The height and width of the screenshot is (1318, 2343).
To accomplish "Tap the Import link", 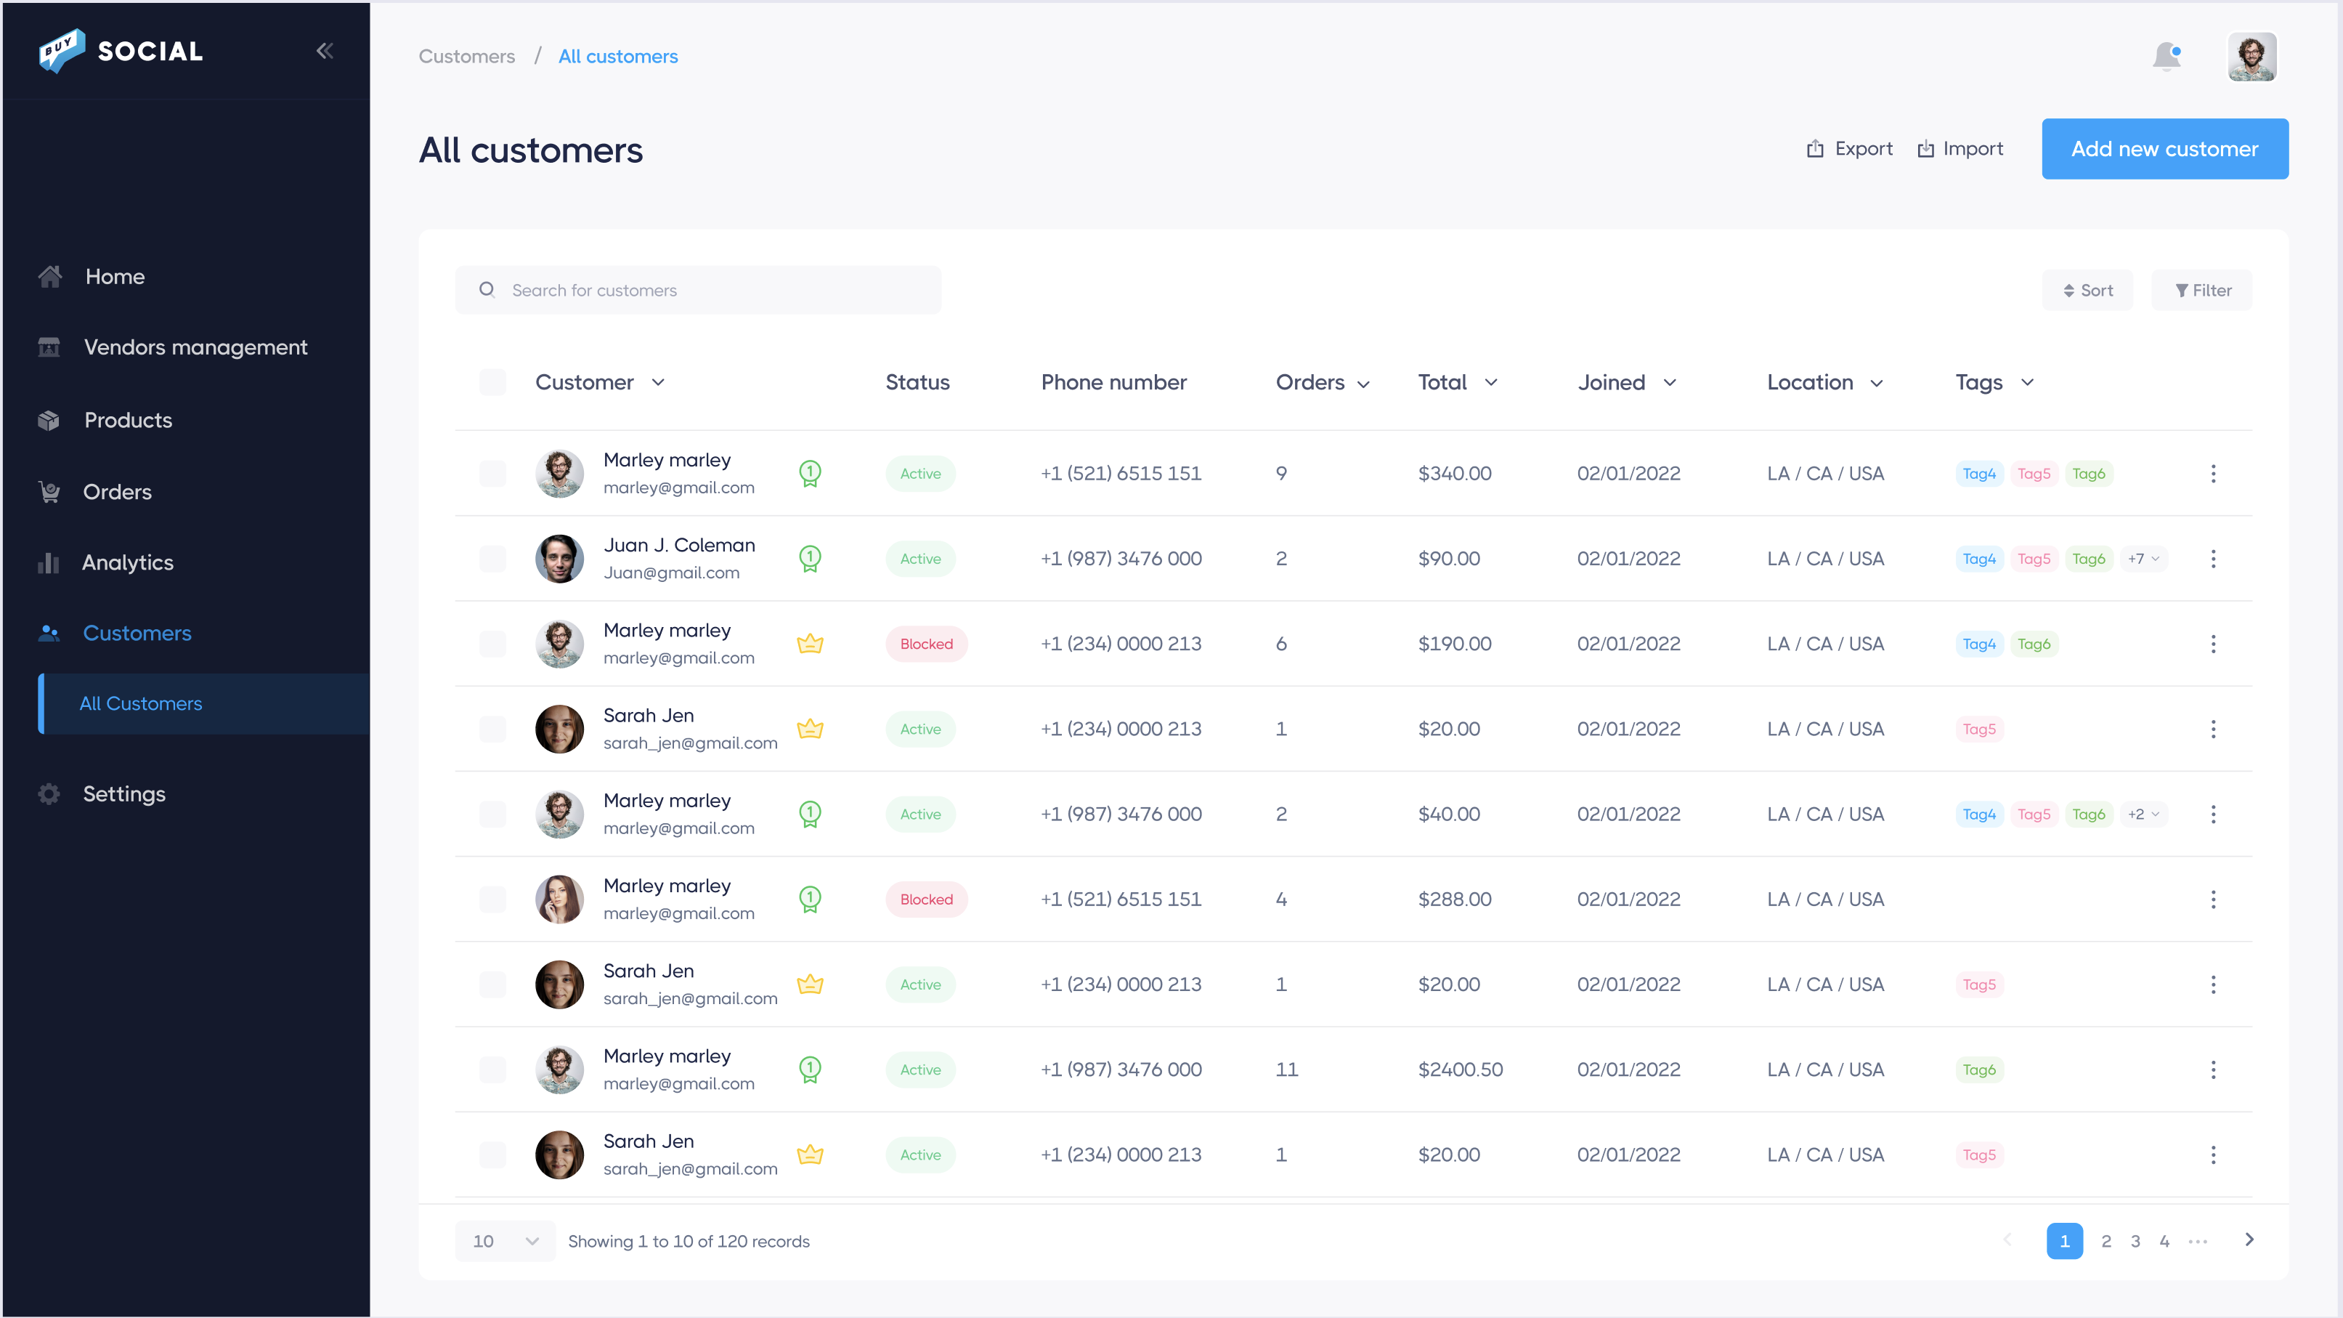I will pyautogui.click(x=1960, y=149).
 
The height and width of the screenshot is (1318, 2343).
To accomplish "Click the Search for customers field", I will pyautogui.click(x=698, y=290).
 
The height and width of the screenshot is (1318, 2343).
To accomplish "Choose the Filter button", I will pyautogui.click(x=2202, y=290).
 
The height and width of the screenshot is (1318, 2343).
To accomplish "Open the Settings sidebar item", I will pyautogui.click(x=123, y=794).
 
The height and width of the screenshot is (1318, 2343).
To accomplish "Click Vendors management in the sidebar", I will pyautogui.click(x=195, y=347).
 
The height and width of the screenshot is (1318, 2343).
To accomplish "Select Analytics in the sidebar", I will pyautogui.click(x=127, y=563).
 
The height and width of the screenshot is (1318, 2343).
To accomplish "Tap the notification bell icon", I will pyautogui.click(x=2167, y=57).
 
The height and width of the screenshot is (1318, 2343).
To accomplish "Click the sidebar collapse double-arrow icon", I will pyautogui.click(x=325, y=51).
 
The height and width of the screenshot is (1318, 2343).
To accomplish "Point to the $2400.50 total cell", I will pyautogui.click(x=1460, y=1070).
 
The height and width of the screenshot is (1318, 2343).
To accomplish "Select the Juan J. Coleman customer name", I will pyautogui.click(x=678, y=545).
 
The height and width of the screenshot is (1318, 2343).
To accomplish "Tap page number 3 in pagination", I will pyautogui.click(x=2135, y=1242).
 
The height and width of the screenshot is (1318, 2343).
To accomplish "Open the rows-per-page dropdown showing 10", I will pyautogui.click(x=505, y=1242).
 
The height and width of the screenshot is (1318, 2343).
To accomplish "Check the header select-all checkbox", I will pyautogui.click(x=492, y=383).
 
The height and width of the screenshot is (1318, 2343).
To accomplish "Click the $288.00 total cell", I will pyautogui.click(x=1454, y=899).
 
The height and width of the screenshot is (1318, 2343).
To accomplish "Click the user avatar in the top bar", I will pyautogui.click(x=2251, y=57).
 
